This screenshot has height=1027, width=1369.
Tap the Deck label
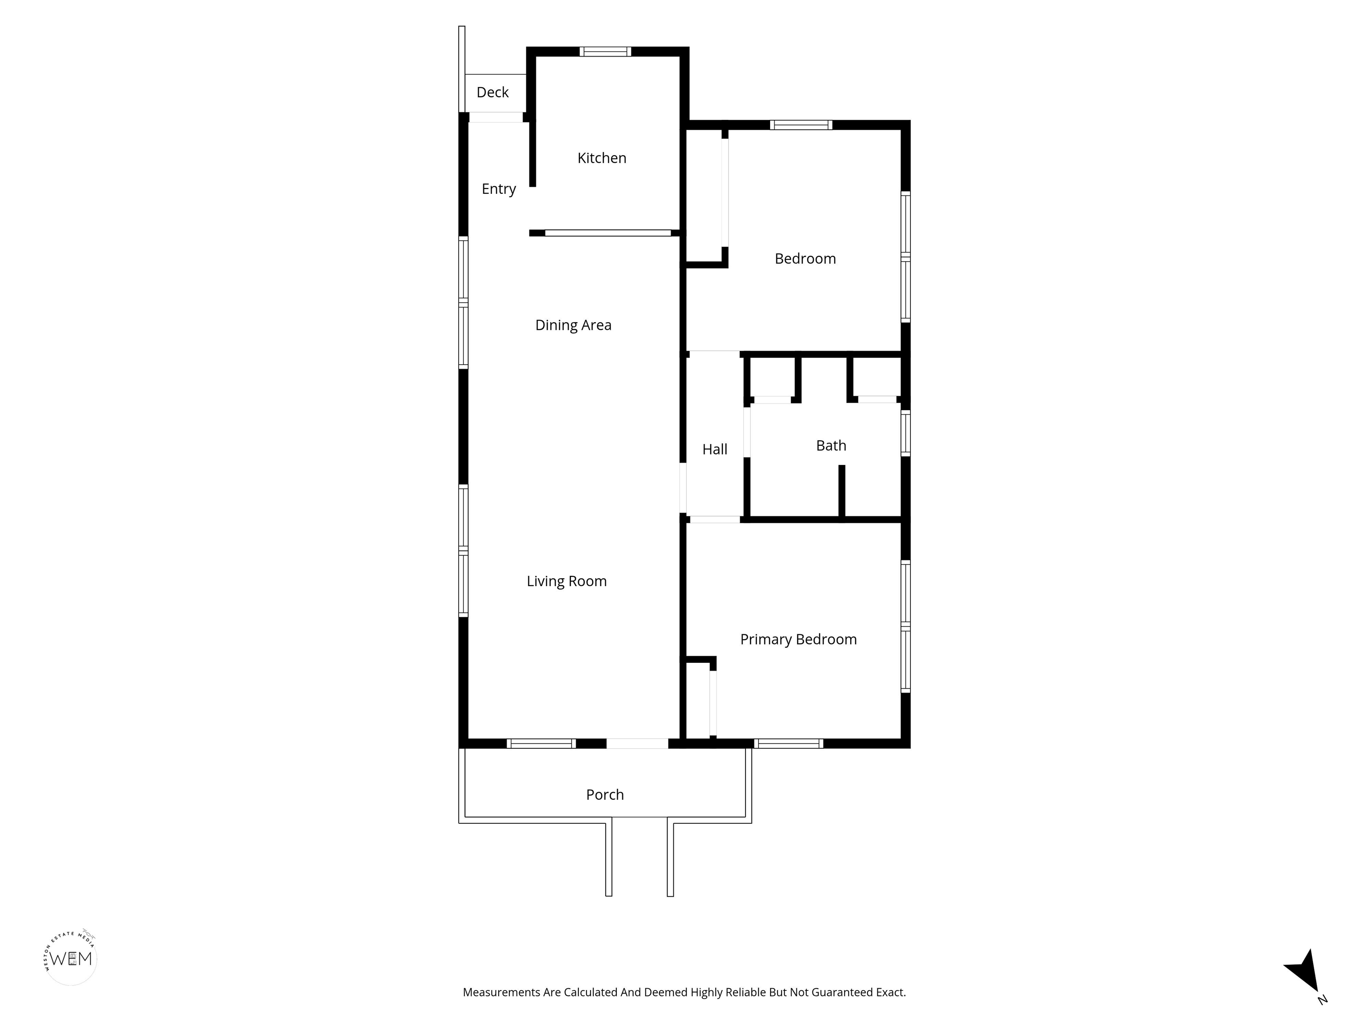pyautogui.click(x=492, y=92)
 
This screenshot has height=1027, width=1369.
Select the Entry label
pyautogui.click(x=499, y=189)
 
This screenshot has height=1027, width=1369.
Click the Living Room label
pyautogui.click(x=567, y=581)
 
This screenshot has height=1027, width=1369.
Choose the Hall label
pyautogui.click(x=715, y=449)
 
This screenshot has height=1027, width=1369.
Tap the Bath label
pyautogui.click(x=831, y=446)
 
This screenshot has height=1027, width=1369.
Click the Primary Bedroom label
pyautogui.click(x=799, y=640)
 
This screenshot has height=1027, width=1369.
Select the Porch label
pyautogui.click(x=605, y=795)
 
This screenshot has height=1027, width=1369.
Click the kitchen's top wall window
pyautogui.click(x=605, y=51)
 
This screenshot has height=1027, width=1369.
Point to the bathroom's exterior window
pyautogui.click(x=906, y=433)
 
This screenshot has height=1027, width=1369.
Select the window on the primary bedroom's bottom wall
pyautogui.click(x=788, y=744)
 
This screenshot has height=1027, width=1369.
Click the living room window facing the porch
pyautogui.click(x=541, y=744)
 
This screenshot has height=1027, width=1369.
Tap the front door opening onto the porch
pyautogui.click(x=637, y=744)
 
